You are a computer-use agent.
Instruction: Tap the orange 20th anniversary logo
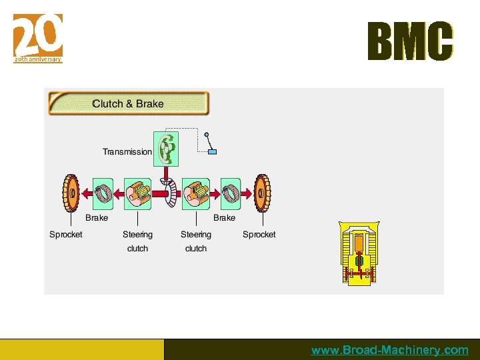coord(38,37)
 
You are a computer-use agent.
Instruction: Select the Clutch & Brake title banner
coord(128,103)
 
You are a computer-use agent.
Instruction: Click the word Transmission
coord(127,152)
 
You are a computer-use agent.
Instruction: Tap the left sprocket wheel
coord(71,193)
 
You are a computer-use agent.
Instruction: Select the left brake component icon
coord(103,193)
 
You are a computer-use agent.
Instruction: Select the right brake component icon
coord(230,193)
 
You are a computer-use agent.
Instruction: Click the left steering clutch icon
coord(138,193)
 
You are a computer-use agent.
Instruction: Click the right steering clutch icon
coord(196,193)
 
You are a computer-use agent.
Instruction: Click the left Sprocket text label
coord(66,235)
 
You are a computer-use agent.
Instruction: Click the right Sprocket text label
coord(259,235)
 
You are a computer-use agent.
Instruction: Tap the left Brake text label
coord(97,218)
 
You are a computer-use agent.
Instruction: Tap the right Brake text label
coord(224,218)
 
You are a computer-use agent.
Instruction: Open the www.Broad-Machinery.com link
coord(389,350)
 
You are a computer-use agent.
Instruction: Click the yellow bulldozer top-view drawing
coord(360,253)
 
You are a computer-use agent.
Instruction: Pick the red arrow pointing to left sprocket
coord(87,193)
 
